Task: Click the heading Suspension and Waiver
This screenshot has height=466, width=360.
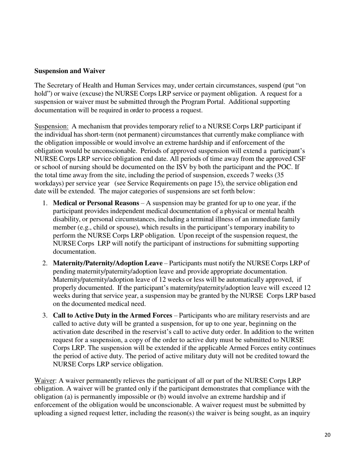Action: point(70,71)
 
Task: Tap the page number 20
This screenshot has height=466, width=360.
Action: point(327,435)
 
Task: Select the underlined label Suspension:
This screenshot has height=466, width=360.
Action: point(51,126)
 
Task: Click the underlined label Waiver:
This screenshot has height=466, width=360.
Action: point(45,380)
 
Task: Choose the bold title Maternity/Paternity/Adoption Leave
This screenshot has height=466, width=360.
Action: point(108,263)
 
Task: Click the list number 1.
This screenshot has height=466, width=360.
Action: point(45,203)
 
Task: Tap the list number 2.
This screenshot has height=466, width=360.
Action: point(45,263)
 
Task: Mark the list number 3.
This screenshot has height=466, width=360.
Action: point(45,315)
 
